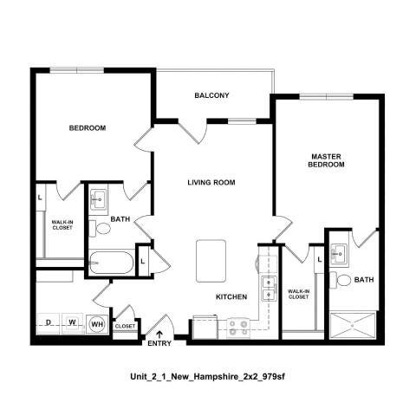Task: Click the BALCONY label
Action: coord(211,95)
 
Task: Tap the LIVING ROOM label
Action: coord(212,182)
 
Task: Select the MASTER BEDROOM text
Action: coord(328,160)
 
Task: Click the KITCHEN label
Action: coord(232,297)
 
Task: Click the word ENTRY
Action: coord(159,345)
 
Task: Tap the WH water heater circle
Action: coord(97,324)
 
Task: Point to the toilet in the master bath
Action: coord(344,280)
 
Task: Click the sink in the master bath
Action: coord(340,253)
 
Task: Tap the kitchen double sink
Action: coord(269,289)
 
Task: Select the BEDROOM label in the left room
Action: coord(88,128)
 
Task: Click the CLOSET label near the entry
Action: coord(125,326)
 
